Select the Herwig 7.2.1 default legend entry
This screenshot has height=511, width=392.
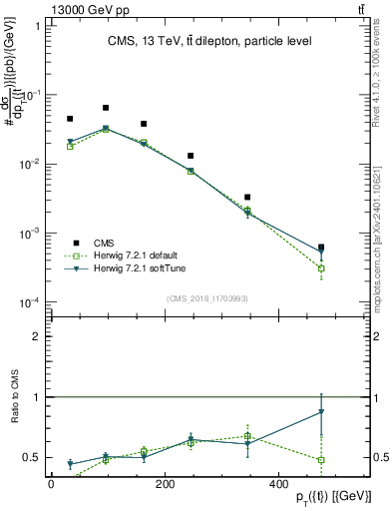[x=129, y=255]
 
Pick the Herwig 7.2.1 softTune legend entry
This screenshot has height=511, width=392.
[x=131, y=268]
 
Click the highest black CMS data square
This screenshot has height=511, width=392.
[x=106, y=108]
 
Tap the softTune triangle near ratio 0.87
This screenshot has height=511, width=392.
[x=321, y=412]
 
